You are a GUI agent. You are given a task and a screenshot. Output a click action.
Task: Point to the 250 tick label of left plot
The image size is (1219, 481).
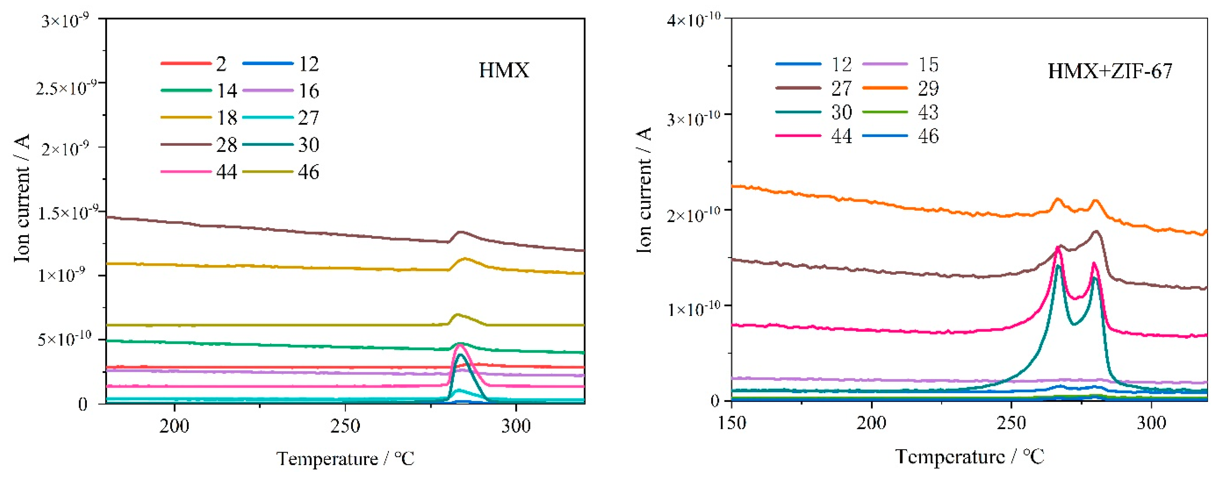coord(345,426)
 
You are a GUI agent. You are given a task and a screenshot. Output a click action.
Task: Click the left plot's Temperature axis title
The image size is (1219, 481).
coord(345,458)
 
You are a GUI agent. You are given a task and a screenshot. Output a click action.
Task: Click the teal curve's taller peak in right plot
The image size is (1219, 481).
coord(1059,265)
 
